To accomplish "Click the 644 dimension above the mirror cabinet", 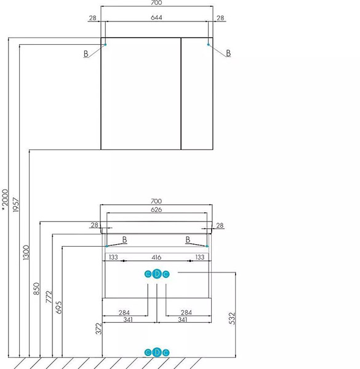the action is coord(156,18).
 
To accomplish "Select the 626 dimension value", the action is coord(156,210).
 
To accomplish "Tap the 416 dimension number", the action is coord(156,257).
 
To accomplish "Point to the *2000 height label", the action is coord(5,200).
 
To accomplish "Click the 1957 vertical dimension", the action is coord(15,205).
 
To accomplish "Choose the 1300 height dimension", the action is coord(26,253).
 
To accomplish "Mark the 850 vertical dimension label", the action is coord(36,289).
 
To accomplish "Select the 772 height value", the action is coord(49,297).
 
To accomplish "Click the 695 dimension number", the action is coord(58,307).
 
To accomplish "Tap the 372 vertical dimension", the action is coord(99,328).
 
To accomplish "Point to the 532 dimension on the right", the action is coord(232,319).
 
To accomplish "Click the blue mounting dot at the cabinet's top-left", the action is coord(105,44).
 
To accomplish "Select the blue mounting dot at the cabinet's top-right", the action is coord(208,44).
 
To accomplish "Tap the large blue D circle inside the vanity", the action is coord(157,274).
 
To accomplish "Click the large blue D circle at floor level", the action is coord(157,352).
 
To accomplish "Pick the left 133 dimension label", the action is coord(113,257).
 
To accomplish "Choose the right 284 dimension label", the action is coord(186,312).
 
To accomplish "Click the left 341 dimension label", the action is coord(128,320).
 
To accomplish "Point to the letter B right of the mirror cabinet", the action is coord(228,53).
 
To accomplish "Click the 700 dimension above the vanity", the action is coord(156,201).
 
